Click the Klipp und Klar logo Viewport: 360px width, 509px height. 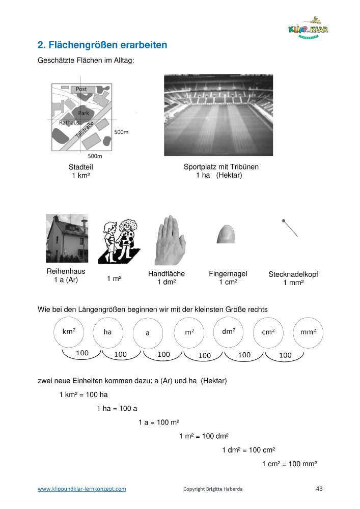coord(308,30)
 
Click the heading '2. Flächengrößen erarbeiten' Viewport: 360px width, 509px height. coord(103,45)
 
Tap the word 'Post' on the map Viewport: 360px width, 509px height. coord(81,89)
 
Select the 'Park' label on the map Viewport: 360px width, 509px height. coord(84,113)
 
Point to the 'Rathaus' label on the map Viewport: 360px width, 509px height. coord(69,123)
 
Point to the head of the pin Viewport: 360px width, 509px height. coord(283,220)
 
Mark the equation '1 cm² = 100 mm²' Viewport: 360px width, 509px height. coord(289,464)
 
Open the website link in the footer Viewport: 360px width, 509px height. coord(82,489)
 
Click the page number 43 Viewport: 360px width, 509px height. coord(319,489)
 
